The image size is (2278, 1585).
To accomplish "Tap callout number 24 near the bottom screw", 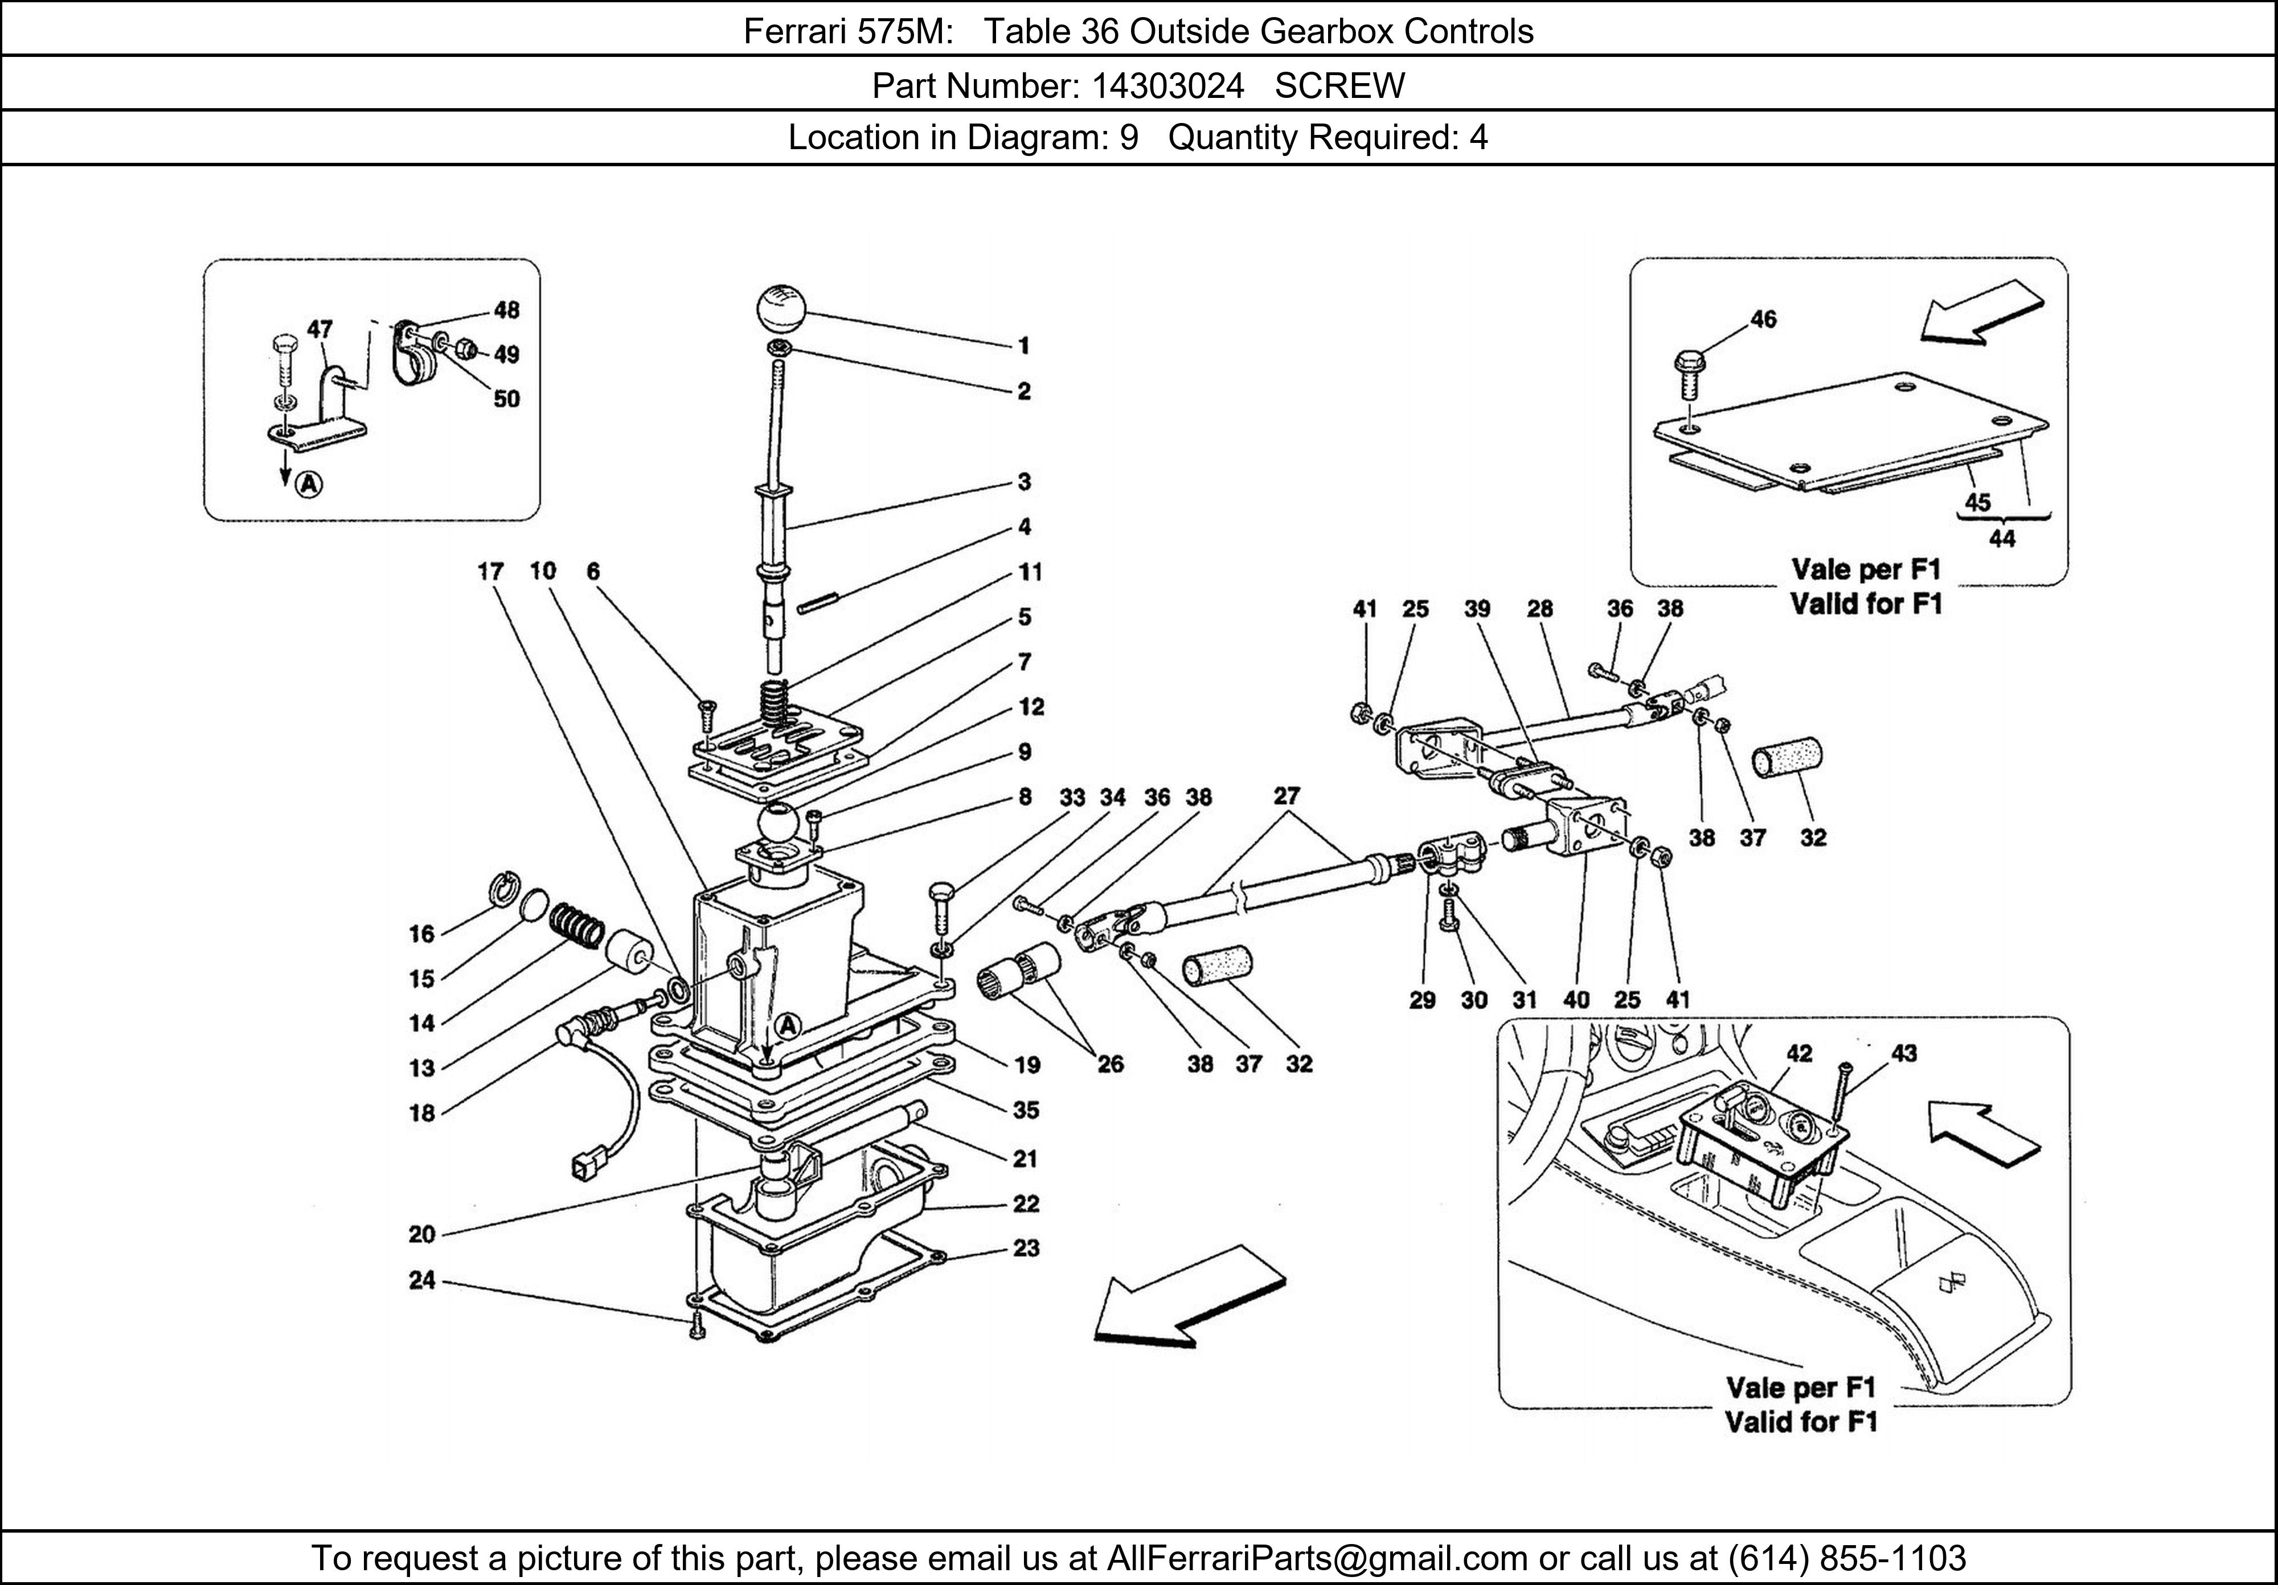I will pyautogui.click(x=423, y=1280).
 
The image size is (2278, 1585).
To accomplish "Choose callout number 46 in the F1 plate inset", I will pyautogui.click(x=1763, y=319).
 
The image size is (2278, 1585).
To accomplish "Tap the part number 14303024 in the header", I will pyautogui.click(x=1168, y=87).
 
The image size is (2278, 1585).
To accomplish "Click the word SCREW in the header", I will pyautogui.click(x=1339, y=87).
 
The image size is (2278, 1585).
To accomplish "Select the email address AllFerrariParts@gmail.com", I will pyautogui.click(x=1317, y=1558).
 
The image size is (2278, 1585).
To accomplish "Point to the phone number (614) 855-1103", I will pyautogui.click(x=1846, y=1558).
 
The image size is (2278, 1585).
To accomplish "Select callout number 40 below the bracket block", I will pyautogui.click(x=1576, y=1000).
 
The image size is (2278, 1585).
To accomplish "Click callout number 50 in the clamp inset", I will pyautogui.click(x=507, y=399).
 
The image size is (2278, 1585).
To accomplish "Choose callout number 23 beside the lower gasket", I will pyautogui.click(x=1026, y=1248).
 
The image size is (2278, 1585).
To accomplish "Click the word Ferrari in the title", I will pyautogui.click(x=789, y=32).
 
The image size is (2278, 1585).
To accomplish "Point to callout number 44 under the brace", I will pyautogui.click(x=2002, y=539).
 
